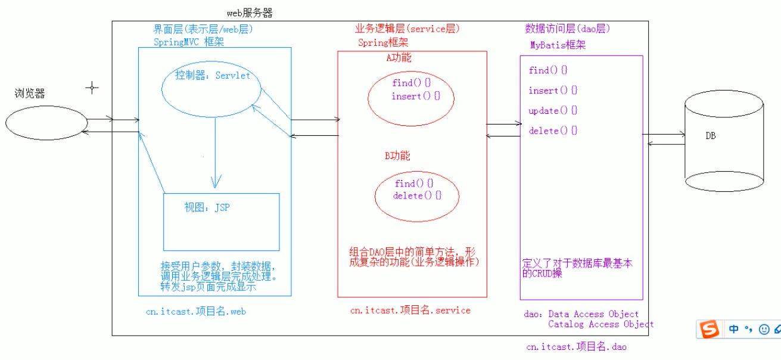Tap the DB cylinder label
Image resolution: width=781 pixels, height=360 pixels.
tap(711, 136)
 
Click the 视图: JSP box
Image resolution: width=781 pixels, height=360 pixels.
tap(221, 221)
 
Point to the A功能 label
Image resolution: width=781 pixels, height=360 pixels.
tap(399, 58)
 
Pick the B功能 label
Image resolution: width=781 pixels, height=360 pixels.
tap(397, 156)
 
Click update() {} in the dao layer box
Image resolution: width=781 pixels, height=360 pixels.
tap(553, 111)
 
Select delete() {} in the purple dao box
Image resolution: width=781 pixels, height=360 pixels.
tap(553, 131)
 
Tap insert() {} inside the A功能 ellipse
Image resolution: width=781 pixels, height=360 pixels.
tap(415, 97)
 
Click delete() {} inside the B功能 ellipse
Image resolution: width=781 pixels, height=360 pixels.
tap(417, 195)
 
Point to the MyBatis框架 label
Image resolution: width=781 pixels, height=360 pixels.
tap(558, 45)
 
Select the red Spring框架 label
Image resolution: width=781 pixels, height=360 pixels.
tap(383, 42)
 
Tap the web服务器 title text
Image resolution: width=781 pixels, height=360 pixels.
tap(250, 13)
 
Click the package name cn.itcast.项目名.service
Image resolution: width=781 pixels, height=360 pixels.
tap(410, 310)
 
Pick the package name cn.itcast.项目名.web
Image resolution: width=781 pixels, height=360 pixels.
tap(196, 311)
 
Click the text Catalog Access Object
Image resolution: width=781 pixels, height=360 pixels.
tap(600, 324)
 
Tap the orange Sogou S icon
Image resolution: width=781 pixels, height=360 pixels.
tap(709, 328)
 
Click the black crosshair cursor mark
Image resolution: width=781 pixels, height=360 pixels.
tap(92, 88)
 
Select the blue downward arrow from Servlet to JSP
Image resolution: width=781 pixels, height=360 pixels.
tap(216, 155)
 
